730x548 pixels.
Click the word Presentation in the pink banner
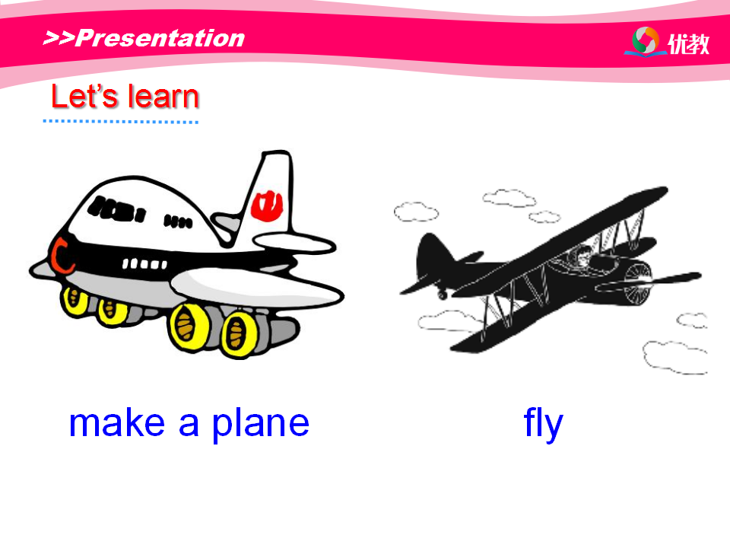tap(160, 38)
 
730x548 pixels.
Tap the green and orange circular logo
tap(646, 40)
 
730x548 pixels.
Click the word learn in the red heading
tap(163, 97)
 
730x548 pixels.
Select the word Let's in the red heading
tap(84, 97)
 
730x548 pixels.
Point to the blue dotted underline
tap(121, 122)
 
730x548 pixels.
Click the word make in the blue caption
tap(117, 423)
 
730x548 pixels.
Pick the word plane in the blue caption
tap(261, 425)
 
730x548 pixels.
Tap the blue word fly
tap(543, 424)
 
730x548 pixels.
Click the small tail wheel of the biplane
tap(443, 295)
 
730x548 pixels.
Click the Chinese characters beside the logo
tap(689, 44)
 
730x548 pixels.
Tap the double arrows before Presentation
tap(59, 38)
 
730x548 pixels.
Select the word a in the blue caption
tap(189, 425)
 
